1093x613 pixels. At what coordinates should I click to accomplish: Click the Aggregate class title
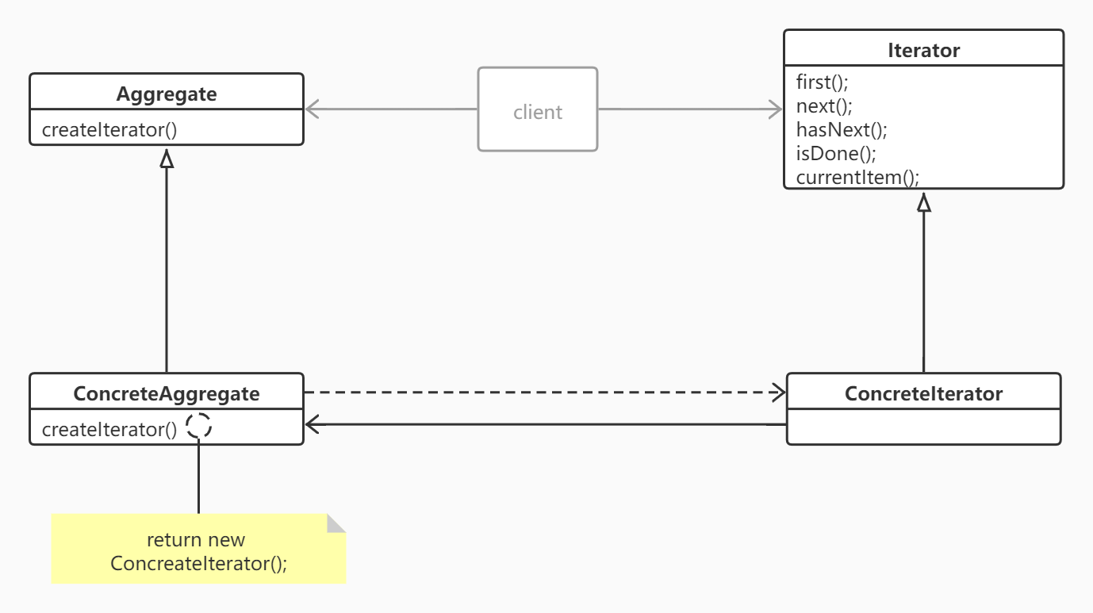coord(167,94)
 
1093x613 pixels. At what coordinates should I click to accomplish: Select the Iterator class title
coord(923,50)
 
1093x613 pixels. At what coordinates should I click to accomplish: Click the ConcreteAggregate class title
coord(167,393)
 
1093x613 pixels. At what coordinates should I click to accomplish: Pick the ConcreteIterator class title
coord(923,393)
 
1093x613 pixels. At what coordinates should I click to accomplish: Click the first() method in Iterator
coord(822,82)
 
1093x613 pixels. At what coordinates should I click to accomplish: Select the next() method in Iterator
coord(824,106)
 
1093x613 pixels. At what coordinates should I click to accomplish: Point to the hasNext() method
coord(842,130)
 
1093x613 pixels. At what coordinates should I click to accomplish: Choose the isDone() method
coord(836,153)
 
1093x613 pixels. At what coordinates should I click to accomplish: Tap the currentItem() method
coord(857,177)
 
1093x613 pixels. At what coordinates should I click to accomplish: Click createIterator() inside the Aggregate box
coord(109,130)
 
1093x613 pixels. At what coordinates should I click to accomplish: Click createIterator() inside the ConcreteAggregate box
coord(109,429)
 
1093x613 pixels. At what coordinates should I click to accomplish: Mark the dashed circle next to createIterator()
coord(199,426)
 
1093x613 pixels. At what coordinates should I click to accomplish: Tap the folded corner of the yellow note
coord(336,523)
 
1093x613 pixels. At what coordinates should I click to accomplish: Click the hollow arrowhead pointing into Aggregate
coord(167,159)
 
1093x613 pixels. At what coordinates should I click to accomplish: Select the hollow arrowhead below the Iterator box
coord(923,203)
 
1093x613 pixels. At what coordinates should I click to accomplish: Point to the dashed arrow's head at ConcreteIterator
coord(778,392)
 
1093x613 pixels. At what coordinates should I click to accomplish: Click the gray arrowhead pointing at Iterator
coord(775,109)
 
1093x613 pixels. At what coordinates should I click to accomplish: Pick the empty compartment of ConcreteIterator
coord(923,427)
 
